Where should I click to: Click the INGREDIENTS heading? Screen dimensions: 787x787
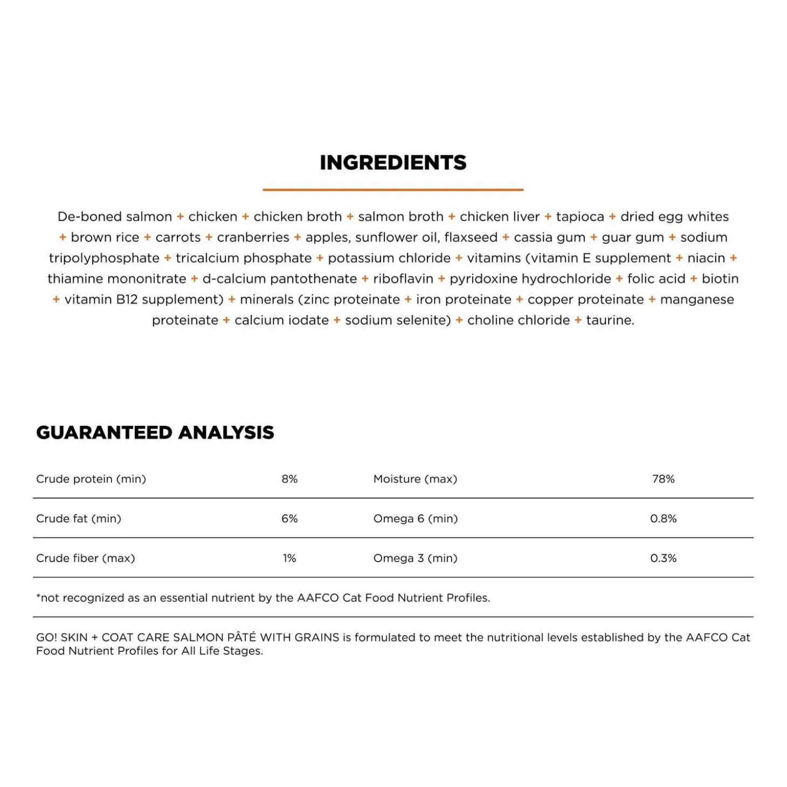(393, 162)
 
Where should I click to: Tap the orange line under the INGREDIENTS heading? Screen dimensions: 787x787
(393, 190)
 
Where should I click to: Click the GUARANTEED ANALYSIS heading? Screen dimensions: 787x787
(155, 432)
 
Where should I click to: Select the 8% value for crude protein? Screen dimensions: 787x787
(289, 479)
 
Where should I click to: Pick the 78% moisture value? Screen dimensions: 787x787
(663, 479)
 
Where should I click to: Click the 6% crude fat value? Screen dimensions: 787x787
(289, 519)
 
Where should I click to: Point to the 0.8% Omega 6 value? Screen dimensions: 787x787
(663, 519)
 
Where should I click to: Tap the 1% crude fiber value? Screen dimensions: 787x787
(289, 558)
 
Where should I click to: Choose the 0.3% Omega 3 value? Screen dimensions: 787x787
(663, 558)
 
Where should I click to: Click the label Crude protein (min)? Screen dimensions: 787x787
(91, 479)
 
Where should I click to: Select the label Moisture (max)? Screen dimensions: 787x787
(415, 479)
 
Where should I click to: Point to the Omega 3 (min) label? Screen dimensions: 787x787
(415, 558)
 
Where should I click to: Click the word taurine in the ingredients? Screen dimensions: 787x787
(610, 320)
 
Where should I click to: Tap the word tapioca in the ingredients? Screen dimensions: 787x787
(580, 217)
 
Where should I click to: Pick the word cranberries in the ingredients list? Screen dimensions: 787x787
(253, 237)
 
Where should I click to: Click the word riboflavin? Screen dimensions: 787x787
(403, 279)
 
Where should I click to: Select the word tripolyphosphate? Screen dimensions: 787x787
(104, 258)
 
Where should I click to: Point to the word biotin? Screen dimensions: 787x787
(720, 279)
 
